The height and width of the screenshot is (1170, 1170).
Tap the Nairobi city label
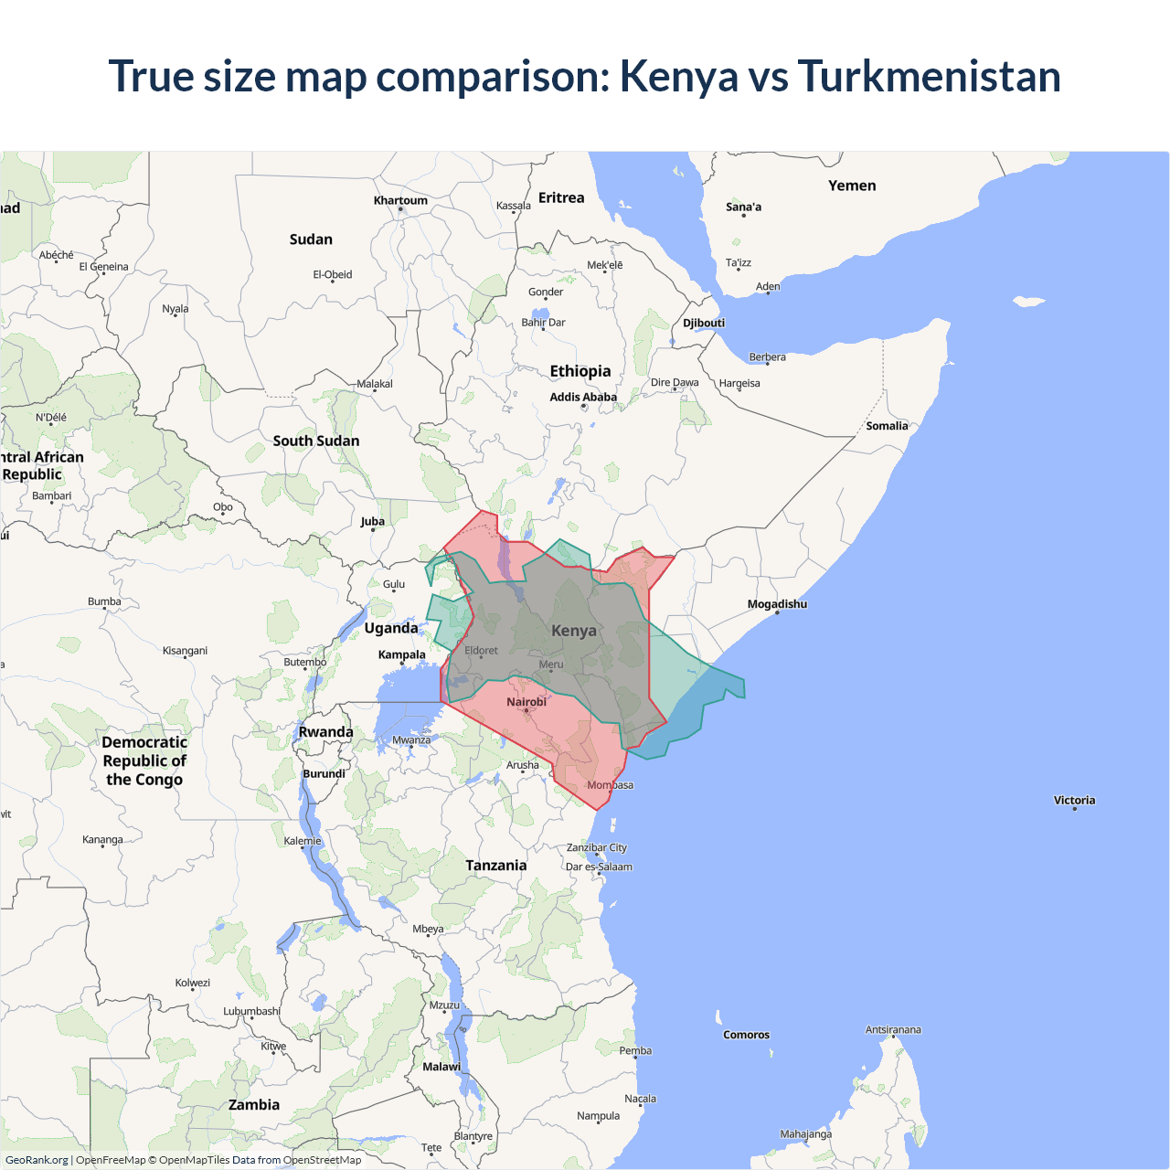pos(526,702)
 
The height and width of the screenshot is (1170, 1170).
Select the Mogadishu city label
pos(777,604)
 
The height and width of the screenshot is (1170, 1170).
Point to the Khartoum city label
pos(400,201)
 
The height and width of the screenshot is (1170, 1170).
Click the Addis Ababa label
pos(583,397)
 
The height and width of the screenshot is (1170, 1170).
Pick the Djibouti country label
pos(704,323)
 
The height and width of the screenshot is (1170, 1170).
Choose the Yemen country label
pos(852,186)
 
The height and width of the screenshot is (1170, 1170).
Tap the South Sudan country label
pos(316,441)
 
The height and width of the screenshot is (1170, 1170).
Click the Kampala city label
pos(402,654)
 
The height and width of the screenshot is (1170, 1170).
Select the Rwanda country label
pos(325,732)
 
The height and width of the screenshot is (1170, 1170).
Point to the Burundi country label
pos(324,773)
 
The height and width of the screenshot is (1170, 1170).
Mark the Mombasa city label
pos(610,785)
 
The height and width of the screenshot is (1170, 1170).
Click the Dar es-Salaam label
pos(599,867)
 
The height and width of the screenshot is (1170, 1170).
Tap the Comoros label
pos(746,1035)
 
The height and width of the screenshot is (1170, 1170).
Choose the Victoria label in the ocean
pos(1074,800)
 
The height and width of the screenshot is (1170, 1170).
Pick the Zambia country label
pos(254,1104)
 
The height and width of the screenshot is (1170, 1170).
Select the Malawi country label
pos(441,1067)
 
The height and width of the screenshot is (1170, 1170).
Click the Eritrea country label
pos(561,197)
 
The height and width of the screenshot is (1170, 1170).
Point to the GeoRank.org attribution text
pos(37,1160)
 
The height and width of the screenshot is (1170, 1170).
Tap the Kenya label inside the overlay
pos(574,631)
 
